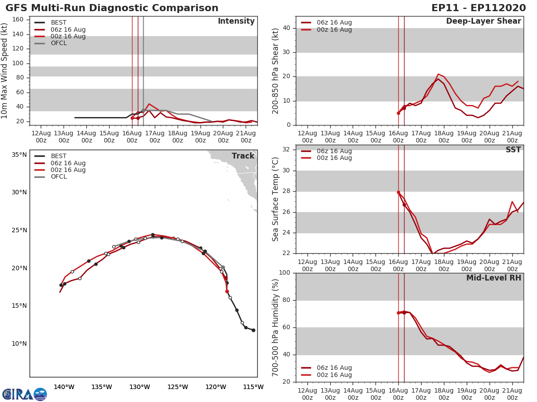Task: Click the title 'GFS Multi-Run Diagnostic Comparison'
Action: (112, 8)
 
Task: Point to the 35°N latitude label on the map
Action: (19, 155)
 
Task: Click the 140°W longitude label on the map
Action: (64, 387)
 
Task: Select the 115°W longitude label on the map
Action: (253, 387)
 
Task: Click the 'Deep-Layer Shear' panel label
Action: (483, 21)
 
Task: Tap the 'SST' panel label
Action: (513, 150)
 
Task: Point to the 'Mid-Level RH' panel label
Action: (494, 278)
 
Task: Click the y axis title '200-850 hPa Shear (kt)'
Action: (276, 71)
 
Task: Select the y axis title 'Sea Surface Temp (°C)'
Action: (276, 199)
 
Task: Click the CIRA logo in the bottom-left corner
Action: (25, 394)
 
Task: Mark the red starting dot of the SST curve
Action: (398, 192)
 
